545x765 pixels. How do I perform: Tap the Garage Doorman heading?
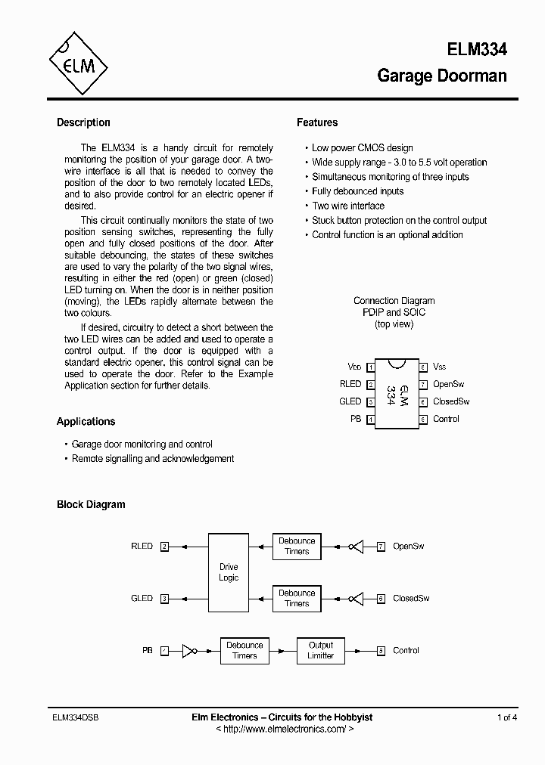tap(441, 76)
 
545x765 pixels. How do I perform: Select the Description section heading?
tap(83, 122)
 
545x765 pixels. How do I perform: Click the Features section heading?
tap(317, 122)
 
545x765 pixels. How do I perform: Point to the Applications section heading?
tap(86, 422)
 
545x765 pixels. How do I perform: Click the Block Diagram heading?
tap(91, 504)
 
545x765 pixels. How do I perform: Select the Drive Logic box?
tap(229, 572)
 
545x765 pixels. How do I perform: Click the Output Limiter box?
tap(320, 650)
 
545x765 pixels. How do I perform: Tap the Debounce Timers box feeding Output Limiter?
tap(244, 650)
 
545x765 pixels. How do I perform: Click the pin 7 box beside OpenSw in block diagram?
tap(381, 546)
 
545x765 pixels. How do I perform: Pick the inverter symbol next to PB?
tap(190, 650)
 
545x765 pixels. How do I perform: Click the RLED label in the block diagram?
tap(142, 546)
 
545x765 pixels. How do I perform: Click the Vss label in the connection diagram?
tap(440, 367)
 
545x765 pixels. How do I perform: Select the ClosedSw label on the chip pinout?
tap(451, 401)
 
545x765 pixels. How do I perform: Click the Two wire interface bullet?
tap(348, 206)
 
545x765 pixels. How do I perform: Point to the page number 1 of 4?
tap(507, 717)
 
